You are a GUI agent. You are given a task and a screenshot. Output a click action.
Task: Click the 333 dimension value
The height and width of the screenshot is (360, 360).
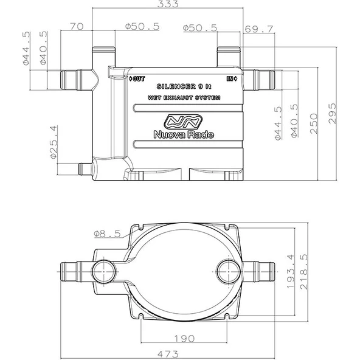click(168, 4)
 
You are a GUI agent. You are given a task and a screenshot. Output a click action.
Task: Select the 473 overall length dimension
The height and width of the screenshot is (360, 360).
click(168, 354)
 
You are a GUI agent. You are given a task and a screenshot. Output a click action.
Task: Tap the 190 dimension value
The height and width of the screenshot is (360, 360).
click(184, 339)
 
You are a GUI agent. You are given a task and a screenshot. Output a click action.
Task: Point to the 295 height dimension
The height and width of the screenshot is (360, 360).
click(332, 114)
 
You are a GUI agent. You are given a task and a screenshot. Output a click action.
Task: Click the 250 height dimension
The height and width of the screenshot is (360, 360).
click(314, 123)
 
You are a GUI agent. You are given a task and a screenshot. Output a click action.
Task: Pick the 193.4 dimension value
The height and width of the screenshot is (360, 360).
click(291, 271)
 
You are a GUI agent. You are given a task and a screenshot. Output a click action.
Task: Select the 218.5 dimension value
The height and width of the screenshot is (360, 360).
click(304, 271)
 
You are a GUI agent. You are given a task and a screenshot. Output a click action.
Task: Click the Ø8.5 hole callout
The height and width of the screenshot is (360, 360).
click(107, 234)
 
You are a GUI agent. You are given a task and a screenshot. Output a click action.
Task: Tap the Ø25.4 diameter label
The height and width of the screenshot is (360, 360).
click(54, 142)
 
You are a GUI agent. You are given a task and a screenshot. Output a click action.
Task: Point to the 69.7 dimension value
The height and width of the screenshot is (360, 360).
click(259, 29)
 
